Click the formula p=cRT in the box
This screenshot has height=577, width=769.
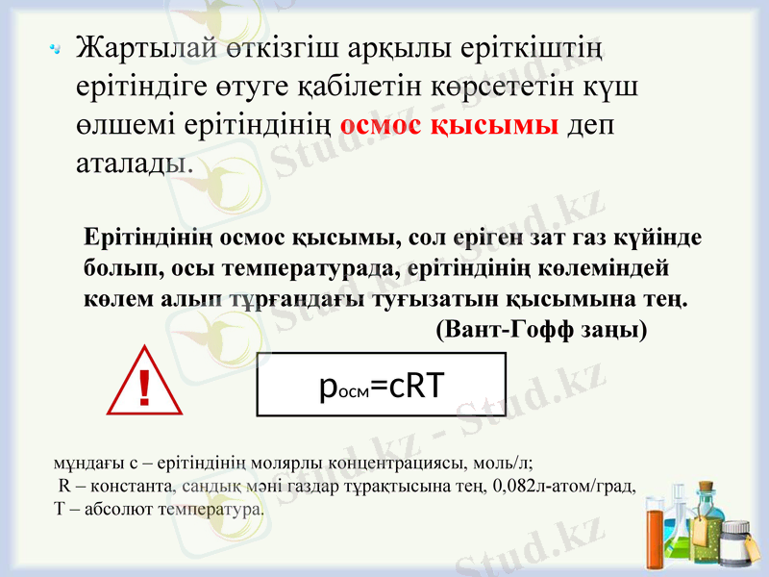(x=381, y=385)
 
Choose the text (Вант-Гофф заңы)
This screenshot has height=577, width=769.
(x=541, y=329)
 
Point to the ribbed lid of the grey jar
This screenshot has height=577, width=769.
(x=735, y=528)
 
